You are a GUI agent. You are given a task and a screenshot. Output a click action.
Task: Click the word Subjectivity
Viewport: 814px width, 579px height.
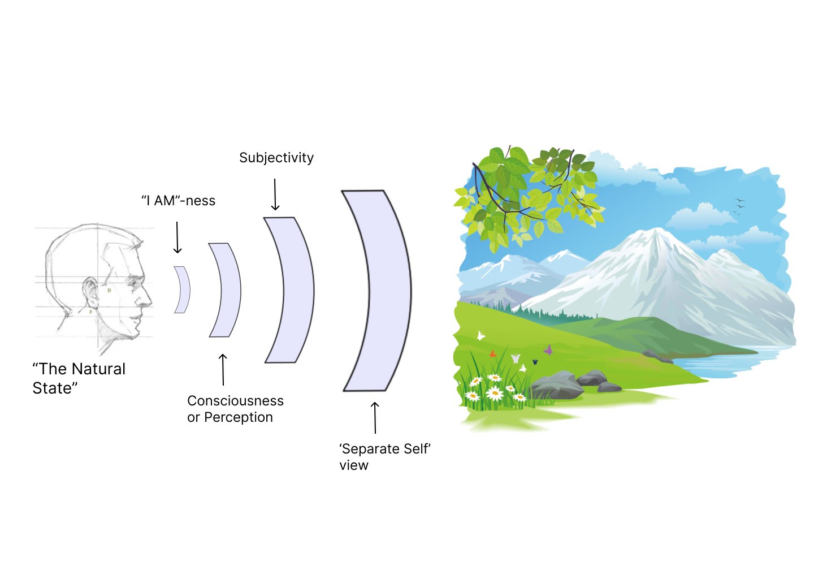pos(276,158)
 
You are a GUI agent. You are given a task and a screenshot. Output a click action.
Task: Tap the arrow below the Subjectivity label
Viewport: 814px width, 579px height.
pos(275,195)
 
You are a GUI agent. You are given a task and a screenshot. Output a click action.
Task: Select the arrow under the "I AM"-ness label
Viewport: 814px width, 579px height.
pos(177,237)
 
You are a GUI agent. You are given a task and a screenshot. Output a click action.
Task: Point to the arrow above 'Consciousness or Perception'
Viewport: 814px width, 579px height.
pos(223,369)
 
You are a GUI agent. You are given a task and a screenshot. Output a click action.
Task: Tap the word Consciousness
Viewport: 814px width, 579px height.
pos(235,401)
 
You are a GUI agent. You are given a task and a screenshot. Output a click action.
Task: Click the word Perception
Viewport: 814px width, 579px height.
pos(238,417)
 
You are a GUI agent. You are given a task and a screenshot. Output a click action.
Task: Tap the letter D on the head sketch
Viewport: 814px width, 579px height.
pos(110,290)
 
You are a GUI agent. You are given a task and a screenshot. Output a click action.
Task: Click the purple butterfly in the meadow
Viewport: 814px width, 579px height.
pos(548,350)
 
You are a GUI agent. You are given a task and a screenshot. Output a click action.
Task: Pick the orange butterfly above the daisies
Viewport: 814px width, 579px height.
pos(493,354)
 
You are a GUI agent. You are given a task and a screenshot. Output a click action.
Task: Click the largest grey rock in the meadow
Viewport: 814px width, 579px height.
pos(556,384)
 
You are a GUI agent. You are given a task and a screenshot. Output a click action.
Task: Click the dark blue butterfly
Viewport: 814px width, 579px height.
pos(534,361)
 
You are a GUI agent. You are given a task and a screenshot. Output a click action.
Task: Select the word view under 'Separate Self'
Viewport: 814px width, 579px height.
pos(354,465)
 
